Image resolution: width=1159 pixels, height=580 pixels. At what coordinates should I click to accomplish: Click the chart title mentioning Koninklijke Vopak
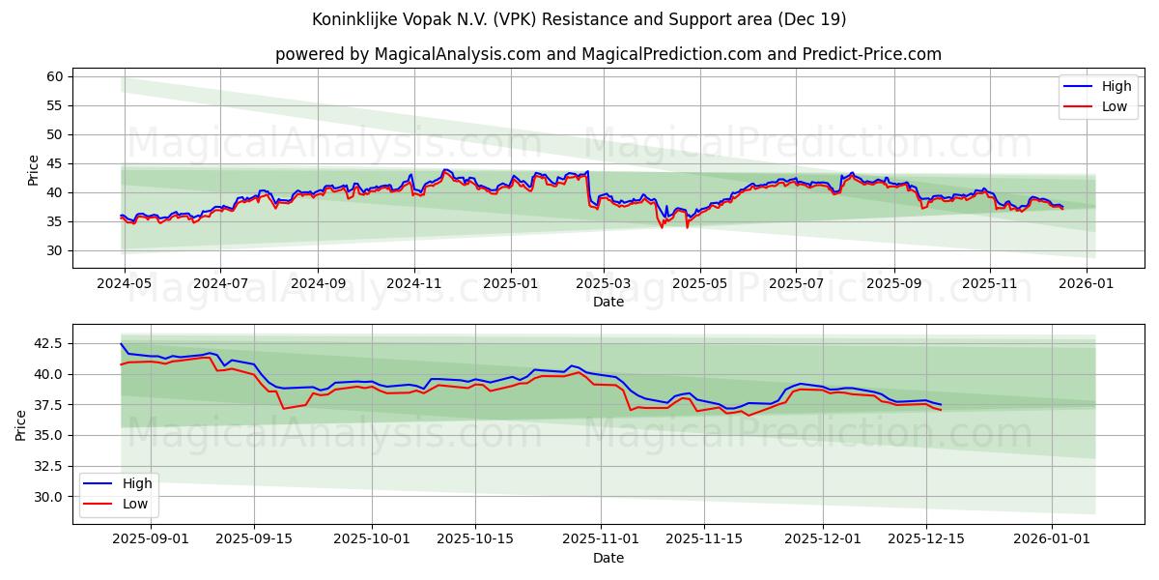click(x=579, y=19)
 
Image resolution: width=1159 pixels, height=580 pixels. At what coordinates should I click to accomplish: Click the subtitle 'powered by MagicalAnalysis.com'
click(x=608, y=54)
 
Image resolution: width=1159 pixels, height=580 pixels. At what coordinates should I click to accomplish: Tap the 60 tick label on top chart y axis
click(x=54, y=76)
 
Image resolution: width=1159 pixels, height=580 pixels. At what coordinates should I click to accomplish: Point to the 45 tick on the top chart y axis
click(x=54, y=163)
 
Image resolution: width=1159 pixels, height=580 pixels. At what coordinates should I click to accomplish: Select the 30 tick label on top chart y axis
click(x=54, y=250)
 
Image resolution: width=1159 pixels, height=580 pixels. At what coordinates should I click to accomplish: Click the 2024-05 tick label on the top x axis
click(x=124, y=284)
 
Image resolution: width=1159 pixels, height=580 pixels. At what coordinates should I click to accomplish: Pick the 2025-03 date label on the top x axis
click(x=604, y=284)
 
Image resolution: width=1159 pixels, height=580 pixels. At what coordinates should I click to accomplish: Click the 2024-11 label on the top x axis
click(x=414, y=284)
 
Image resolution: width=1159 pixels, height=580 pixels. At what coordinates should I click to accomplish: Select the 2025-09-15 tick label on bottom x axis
click(x=254, y=539)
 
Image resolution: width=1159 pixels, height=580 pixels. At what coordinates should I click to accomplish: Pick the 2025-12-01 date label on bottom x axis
click(x=823, y=539)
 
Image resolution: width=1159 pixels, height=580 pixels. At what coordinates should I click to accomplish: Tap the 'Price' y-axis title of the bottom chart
click(x=21, y=424)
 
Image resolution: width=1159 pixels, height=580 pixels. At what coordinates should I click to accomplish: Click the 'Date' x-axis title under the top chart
click(x=608, y=302)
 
